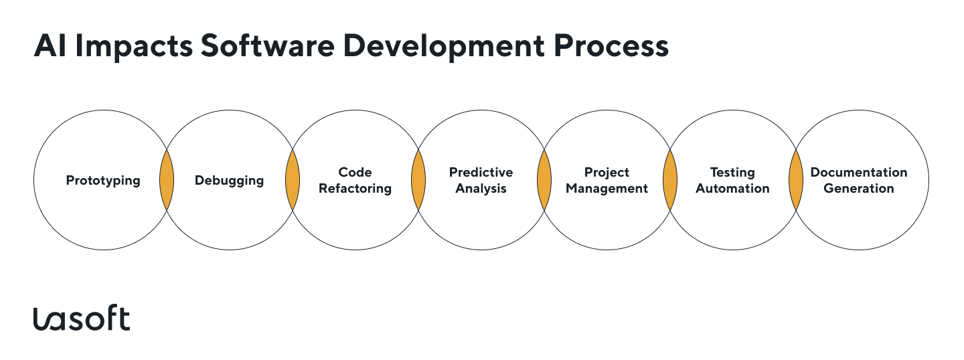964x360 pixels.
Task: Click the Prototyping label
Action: (x=103, y=181)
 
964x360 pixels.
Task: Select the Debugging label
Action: (x=229, y=181)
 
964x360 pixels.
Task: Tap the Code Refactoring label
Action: (x=355, y=181)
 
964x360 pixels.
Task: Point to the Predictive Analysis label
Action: (x=481, y=181)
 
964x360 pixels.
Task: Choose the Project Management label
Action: (x=607, y=181)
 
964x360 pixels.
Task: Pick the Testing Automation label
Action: (x=732, y=181)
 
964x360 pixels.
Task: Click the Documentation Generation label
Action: (x=858, y=181)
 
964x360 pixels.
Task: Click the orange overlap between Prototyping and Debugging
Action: (x=166, y=181)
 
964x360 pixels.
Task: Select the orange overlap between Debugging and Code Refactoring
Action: (x=292, y=181)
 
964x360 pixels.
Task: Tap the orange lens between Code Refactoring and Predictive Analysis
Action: (x=418, y=181)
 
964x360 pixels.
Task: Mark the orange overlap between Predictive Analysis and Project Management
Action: (x=544, y=181)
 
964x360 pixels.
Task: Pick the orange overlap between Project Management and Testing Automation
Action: (x=669, y=181)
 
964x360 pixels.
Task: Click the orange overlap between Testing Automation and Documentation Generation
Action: (x=795, y=181)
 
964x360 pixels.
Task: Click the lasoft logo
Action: (x=81, y=319)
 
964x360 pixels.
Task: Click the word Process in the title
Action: (x=615, y=47)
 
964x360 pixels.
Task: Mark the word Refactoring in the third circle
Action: (x=355, y=189)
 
